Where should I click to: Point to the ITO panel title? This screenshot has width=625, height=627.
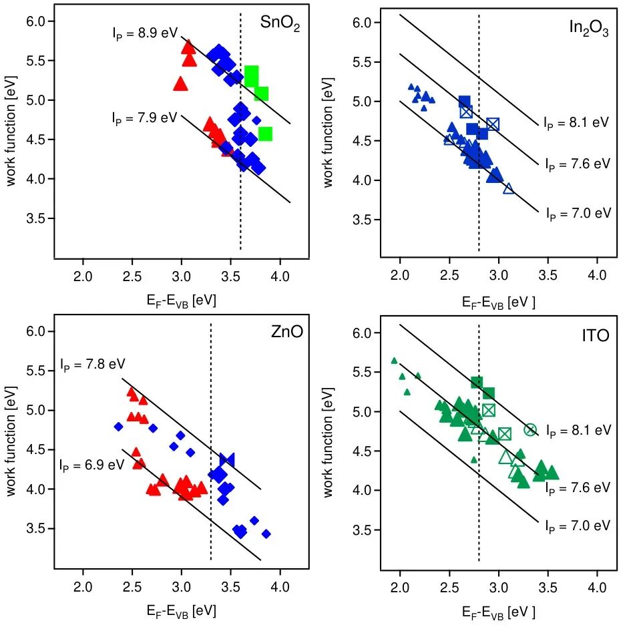(595, 336)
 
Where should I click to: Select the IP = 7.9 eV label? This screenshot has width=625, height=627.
(144, 118)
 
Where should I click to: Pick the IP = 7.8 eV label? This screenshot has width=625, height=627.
(92, 365)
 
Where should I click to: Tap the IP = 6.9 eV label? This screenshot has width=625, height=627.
(92, 463)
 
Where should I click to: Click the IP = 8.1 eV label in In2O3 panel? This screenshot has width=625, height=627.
(576, 123)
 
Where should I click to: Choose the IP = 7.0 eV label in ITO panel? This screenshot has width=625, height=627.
(578, 526)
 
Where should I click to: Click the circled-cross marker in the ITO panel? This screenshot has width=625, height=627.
(530, 429)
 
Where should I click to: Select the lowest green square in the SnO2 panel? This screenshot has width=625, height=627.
(265, 134)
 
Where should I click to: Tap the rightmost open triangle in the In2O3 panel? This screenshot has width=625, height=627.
(509, 189)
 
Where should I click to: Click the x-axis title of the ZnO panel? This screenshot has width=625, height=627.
(180, 610)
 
